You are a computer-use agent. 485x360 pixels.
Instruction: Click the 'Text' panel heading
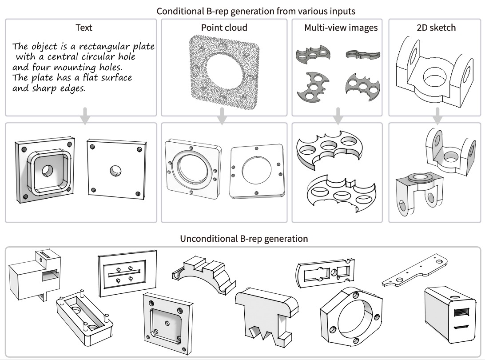coord(84,28)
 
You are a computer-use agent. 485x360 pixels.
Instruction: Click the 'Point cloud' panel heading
coord(224,28)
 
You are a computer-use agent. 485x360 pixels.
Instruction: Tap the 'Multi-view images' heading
coord(341,28)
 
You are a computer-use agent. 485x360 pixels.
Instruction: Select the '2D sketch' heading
coord(436,28)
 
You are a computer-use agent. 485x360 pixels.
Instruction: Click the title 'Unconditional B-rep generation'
coord(244,239)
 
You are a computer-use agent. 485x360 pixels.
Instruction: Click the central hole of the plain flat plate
coord(116,170)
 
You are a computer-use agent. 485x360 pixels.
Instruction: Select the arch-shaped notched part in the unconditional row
coord(203,274)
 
